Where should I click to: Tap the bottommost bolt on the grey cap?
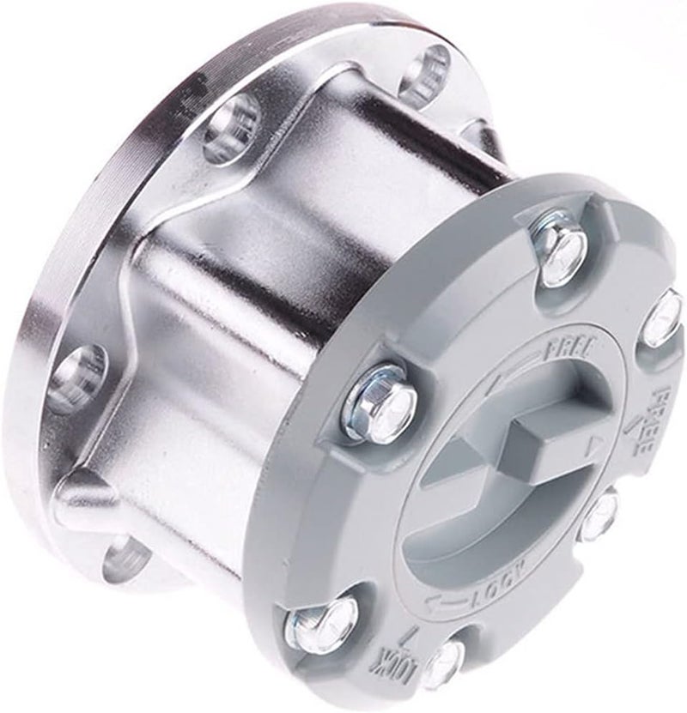click(445, 666)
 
